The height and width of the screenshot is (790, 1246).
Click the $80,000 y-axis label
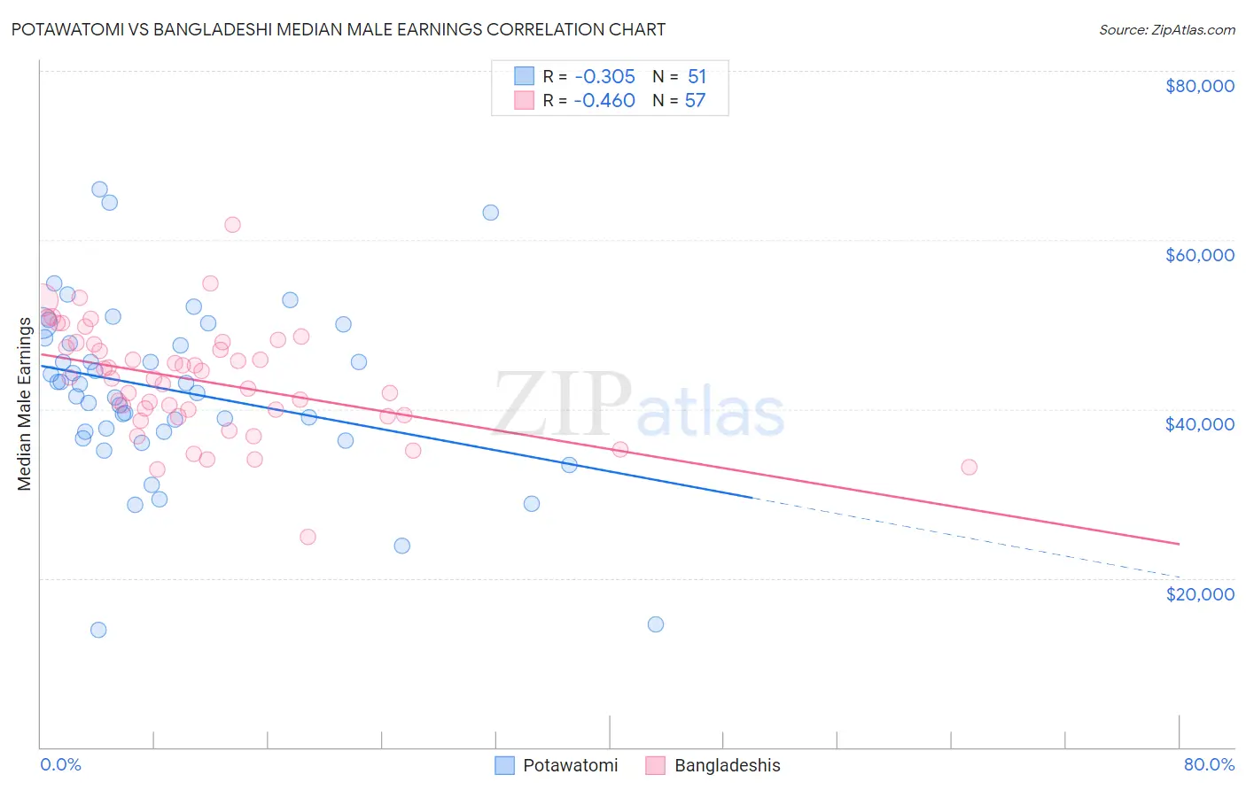(1199, 86)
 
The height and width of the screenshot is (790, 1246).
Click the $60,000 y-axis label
(1199, 255)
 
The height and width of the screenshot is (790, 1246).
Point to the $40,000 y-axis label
(1199, 424)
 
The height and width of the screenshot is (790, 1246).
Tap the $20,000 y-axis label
(1199, 593)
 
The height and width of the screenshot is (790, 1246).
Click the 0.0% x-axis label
(60, 764)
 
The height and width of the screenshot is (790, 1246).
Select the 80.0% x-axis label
(1209, 764)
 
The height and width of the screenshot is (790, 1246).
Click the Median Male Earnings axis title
(24, 403)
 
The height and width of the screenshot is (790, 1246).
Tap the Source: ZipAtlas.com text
(1166, 29)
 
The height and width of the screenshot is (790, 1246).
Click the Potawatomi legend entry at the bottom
(570, 765)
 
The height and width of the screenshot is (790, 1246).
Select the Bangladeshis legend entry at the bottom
(727, 765)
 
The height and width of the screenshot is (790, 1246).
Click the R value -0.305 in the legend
(604, 76)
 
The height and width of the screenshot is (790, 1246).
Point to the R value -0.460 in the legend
(604, 100)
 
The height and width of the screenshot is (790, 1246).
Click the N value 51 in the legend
(697, 76)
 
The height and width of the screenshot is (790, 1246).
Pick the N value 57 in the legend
(695, 100)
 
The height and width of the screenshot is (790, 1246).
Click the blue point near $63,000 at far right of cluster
(490, 213)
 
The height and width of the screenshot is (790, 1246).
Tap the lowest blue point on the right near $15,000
(656, 624)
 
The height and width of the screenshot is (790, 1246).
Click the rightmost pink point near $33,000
(969, 467)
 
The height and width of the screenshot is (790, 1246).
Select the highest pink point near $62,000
(232, 225)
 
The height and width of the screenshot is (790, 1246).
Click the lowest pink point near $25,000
(308, 537)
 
